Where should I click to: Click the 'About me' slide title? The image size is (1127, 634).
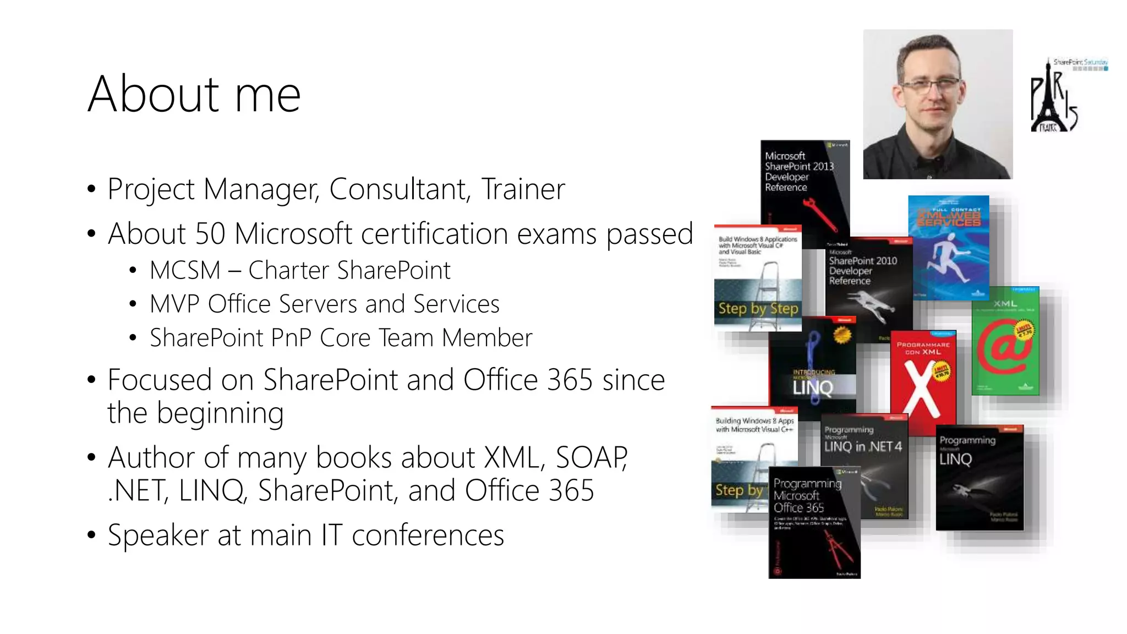point(194,94)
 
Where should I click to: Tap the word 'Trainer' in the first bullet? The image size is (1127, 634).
point(523,189)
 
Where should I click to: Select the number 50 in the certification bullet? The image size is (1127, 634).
point(210,233)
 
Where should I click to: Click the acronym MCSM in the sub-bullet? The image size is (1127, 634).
point(185,270)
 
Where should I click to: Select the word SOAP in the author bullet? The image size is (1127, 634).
point(591,457)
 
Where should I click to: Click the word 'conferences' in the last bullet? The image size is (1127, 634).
point(428,535)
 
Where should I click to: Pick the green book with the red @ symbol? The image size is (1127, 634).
point(1005,341)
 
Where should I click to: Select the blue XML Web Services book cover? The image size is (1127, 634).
point(948,248)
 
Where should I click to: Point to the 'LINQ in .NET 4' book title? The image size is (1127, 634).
point(862,447)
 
